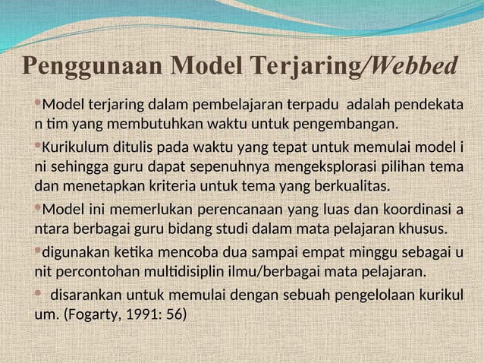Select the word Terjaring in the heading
point(308,67)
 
